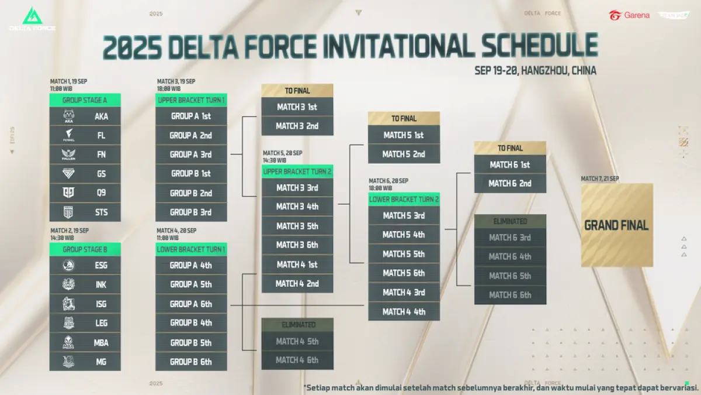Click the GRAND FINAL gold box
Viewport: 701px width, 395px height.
617,225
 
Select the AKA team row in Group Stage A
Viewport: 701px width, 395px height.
85,116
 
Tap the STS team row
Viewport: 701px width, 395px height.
85,212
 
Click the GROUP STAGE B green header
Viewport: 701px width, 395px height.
85,249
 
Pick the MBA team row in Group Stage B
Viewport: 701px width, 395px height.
85,342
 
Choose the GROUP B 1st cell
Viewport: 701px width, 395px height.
191,174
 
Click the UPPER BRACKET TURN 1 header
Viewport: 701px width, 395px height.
191,100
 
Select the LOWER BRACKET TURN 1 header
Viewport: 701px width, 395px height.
191,249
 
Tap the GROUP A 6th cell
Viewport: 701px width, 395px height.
191,304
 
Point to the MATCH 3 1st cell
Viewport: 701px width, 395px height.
297,107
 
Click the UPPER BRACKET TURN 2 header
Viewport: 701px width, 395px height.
297,171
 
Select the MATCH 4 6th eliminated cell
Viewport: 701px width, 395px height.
297,360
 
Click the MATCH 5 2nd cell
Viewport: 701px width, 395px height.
404,154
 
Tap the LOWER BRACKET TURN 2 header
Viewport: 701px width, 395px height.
404,200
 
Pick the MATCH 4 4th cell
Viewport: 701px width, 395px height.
404,311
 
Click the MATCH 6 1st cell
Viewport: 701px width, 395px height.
510,165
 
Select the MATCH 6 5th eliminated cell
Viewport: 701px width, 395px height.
510,276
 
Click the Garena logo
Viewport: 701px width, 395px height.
629,15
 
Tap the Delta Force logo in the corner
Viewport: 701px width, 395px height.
32,19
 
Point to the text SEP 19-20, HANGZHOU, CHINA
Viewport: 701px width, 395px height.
535,71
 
